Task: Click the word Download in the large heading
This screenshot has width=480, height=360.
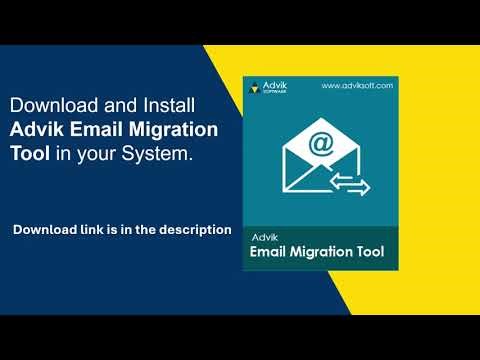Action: (x=51, y=105)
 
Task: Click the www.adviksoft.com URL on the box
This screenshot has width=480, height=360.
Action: (x=356, y=86)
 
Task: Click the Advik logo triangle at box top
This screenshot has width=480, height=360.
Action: (x=256, y=86)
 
